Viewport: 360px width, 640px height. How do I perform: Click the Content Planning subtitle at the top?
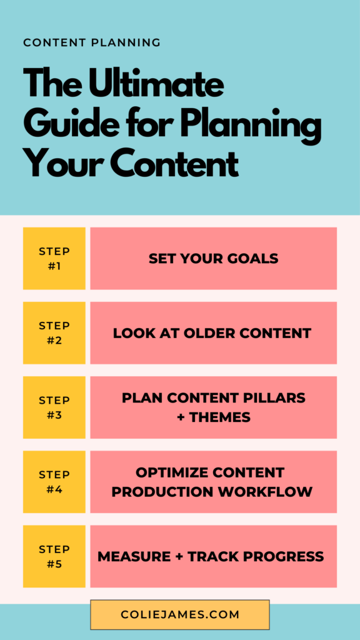pyautogui.click(x=92, y=42)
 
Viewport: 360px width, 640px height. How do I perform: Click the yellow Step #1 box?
pyautogui.click(x=54, y=258)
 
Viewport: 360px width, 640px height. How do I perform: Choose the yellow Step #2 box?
pyautogui.click(x=54, y=332)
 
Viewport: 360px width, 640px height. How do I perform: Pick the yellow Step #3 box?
pyautogui.click(x=54, y=407)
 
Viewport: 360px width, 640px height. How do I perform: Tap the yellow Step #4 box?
pyautogui.click(x=54, y=482)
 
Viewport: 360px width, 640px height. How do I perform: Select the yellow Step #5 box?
pyautogui.click(x=54, y=556)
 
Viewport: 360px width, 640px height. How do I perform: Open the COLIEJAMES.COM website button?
pyautogui.click(x=180, y=615)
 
